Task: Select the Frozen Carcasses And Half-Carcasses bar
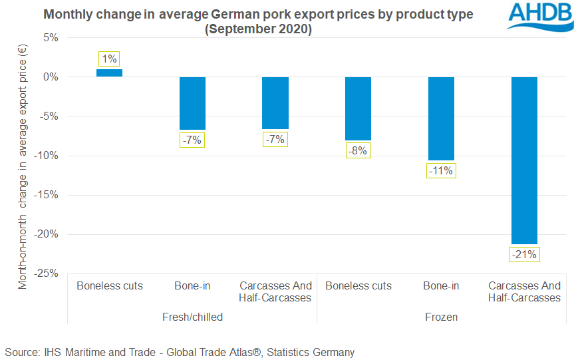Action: (x=524, y=160)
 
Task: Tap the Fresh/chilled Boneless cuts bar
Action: (x=110, y=73)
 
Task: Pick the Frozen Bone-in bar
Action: (x=441, y=118)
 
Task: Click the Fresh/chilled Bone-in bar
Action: (x=192, y=103)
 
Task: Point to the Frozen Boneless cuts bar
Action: (x=358, y=108)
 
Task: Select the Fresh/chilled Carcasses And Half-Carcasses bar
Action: (x=275, y=103)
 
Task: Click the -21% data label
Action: (x=524, y=254)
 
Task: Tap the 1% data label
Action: (x=110, y=59)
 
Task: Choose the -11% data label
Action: (x=441, y=170)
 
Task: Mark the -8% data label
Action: (x=358, y=150)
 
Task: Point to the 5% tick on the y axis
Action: (x=51, y=38)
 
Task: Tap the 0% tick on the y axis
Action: (x=51, y=77)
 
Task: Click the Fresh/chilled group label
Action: (x=192, y=317)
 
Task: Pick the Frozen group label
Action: (x=441, y=317)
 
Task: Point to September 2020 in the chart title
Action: (x=258, y=30)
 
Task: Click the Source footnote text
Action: (x=180, y=352)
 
